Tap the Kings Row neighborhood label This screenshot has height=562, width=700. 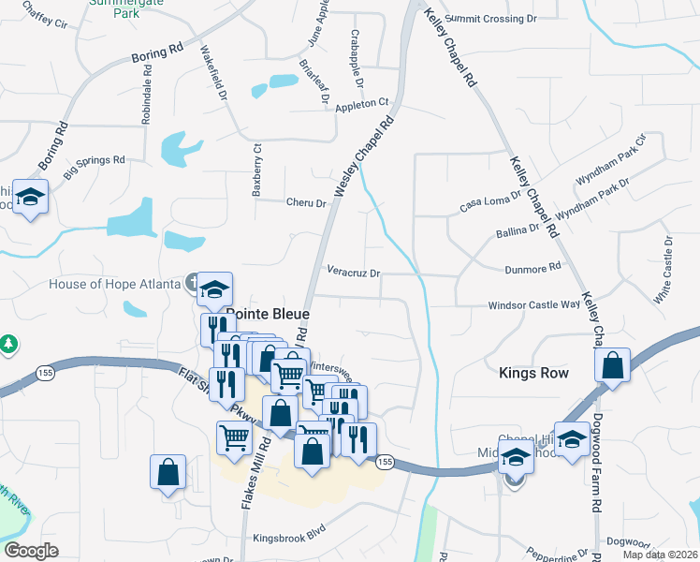coord(533,373)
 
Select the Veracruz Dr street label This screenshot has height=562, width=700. coord(354,274)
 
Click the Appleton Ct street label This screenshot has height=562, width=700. coord(356,104)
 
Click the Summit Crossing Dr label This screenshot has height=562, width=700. coord(491,18)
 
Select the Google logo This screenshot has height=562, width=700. coord(31,551)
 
